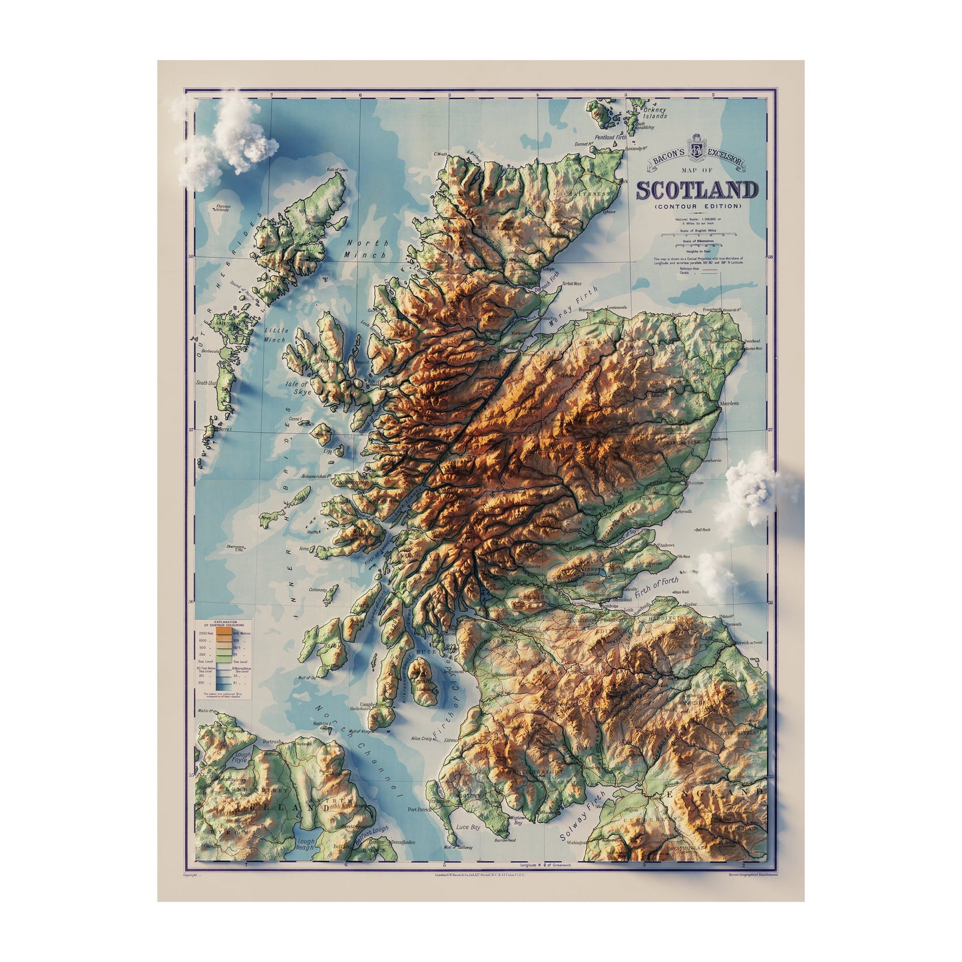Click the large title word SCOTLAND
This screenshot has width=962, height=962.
(x=696, y=190)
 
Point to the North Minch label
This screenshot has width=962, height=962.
(x=366, y=249)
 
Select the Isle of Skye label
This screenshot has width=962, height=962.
(x=298, y=387)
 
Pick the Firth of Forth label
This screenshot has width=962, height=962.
(x=657, y=589)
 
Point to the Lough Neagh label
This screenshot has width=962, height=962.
(x=306, y=845)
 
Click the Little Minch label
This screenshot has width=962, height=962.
(x=275, y=335)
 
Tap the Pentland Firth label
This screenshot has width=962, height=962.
(x=610, y=138)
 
